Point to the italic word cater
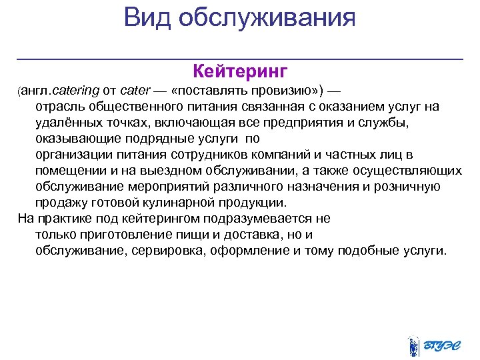pyautogui.click(x=135, y=90)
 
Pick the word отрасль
pyautogui.click(x=59, y=107)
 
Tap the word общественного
pyautogui.click(x=134, y=107)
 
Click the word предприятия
pyautogui.click(x=301, y=123)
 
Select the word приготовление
pyautogui.click(x=113, y=235)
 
